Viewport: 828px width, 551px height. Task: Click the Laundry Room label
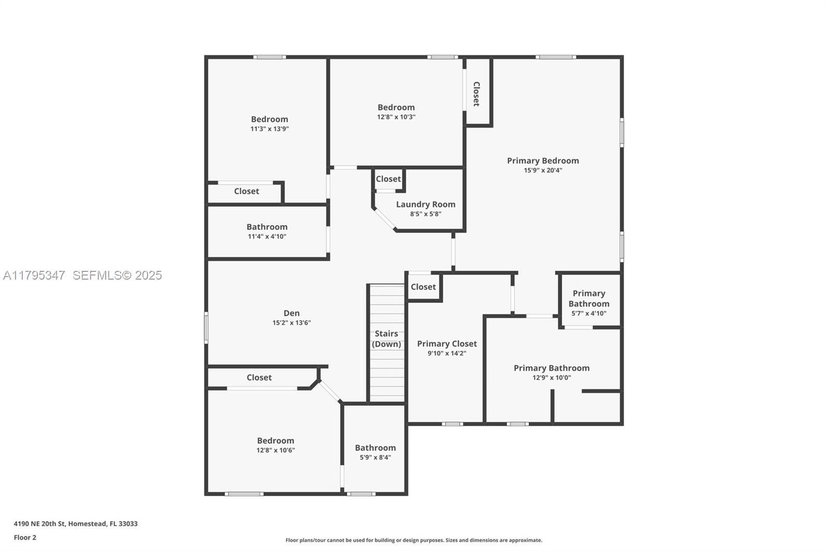[x=425, y=204]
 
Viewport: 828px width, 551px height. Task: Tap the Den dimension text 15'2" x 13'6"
[x=292, y=323]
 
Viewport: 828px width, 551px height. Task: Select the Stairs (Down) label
[x=386, y=339]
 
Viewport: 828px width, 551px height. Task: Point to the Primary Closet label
[x=447, y=344]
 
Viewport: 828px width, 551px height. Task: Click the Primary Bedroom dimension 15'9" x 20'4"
[x=543, y=170]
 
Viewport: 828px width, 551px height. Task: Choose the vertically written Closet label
[x=477, y=94]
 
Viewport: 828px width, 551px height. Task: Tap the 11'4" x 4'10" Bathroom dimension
[x=267, y=236]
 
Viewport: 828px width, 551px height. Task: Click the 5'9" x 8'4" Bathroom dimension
[x=375, y=457]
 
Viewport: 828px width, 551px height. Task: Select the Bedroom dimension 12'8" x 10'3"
[x=396, y=117]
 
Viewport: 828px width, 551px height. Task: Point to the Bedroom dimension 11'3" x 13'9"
[x=270, y=129]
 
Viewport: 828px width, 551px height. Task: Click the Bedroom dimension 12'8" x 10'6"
[x=275, y=450]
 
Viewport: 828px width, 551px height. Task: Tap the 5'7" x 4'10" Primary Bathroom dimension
[x=589, y=314]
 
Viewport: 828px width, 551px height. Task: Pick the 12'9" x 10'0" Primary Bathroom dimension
[x=552, y=378]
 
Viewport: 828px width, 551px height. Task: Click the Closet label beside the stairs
[x=423, y=287]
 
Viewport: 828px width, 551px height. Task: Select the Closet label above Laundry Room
[x=388, y=179]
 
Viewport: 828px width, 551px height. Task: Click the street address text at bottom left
[x=76, y=524]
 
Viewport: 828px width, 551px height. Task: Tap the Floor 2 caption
[x=25, y=538]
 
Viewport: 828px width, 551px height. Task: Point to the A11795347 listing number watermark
[x=34, y=275]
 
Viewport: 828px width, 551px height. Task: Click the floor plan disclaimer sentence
[x=413, y=540]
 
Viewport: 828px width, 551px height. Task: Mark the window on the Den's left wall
[x=206, y=328]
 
